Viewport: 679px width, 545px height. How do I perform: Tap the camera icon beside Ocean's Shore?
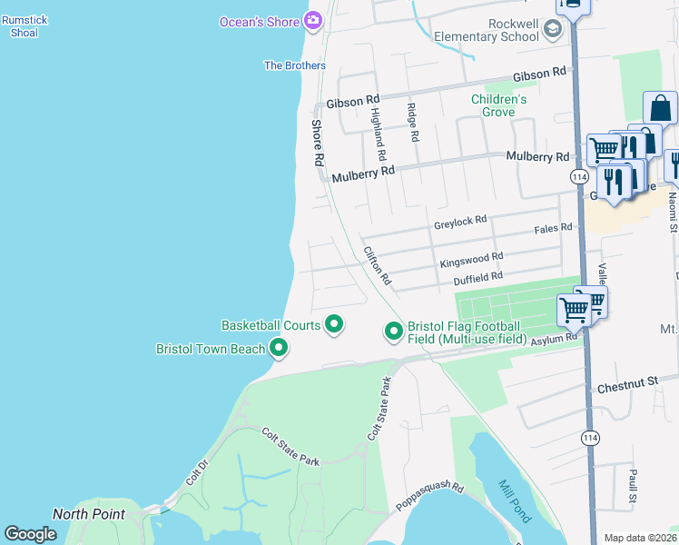click(313, 20)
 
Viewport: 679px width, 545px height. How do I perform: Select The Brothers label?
click(294, 65)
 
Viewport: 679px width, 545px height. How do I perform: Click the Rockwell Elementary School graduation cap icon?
click(552, 31)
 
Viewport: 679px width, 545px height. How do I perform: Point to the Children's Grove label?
click(498, 105)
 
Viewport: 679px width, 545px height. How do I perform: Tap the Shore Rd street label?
click(318, 143)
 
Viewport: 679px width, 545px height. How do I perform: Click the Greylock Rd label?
click(460, 220)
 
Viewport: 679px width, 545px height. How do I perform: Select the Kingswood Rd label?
click(470, 260)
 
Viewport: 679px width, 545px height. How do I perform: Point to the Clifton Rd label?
click(377, 265)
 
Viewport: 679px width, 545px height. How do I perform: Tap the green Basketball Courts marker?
click(334, 323)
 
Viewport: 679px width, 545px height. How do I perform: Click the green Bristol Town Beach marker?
click(278, 347)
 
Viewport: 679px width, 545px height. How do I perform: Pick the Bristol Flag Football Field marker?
click(394, 332)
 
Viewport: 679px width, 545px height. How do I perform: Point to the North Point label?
click(88, 514)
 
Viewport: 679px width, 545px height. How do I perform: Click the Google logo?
click(30, 534)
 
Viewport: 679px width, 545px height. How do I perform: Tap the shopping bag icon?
click(660, 108)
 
